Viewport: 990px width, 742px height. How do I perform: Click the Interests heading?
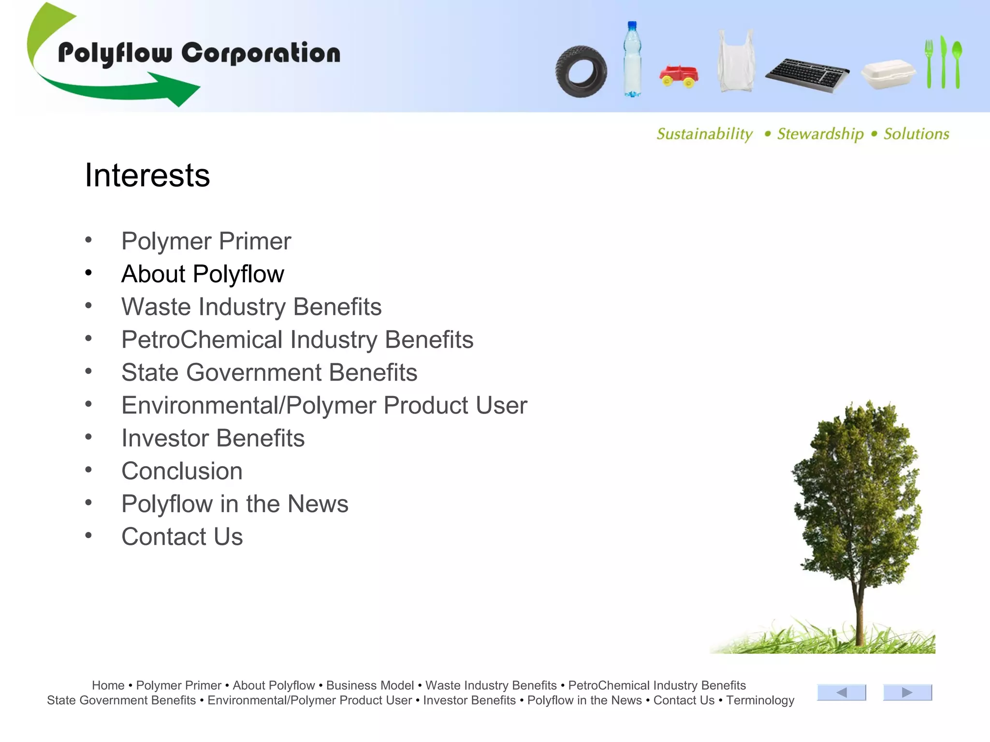(147, 175)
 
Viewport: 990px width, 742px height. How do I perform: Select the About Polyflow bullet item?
(203, 274)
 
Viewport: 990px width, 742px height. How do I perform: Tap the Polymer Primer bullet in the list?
(206, 241)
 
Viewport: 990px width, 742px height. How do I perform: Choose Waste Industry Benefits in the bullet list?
(251, 307)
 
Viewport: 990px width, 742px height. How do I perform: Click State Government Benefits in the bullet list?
(269, 372)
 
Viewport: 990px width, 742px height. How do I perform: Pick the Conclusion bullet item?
(182, 471)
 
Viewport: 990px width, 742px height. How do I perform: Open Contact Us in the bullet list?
(182, 537)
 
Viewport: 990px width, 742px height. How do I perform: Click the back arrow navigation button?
(841, 692)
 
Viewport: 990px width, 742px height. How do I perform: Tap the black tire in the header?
(581, 71)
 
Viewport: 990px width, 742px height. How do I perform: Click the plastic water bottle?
(632, 59)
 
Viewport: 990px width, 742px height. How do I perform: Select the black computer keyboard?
(807, 75)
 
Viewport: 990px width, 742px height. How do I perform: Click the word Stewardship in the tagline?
(820, 134)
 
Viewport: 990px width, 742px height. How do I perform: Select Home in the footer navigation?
(108, 685)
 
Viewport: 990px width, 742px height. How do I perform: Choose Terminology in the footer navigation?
(760, 700)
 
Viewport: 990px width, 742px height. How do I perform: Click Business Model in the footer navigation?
(370, 685)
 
